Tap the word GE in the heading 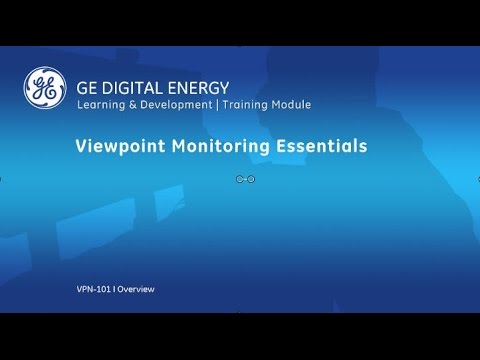(87, 86)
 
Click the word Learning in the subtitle (101, 104)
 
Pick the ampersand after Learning (132, 104)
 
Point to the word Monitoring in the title (222, 146)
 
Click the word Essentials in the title (321, 146)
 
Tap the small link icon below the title (246, 179)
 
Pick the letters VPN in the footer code (85, 289)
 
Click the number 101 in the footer (103, 289)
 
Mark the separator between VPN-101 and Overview (116, 289)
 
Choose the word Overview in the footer (137, 289)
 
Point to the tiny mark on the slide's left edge (1, 180)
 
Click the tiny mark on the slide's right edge (478, 180)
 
